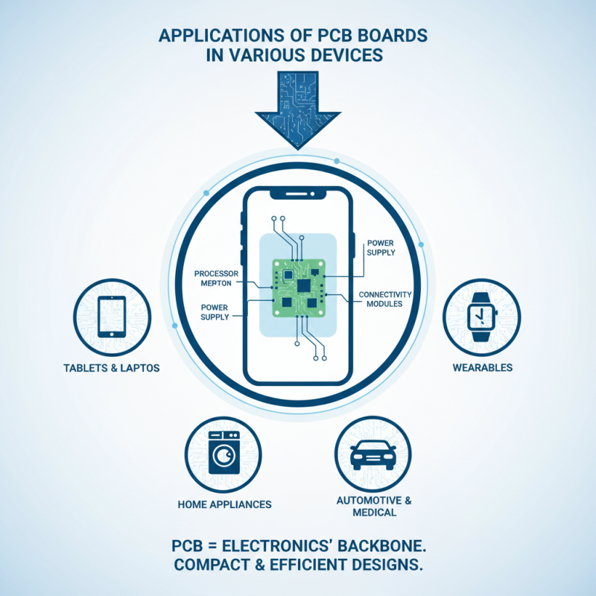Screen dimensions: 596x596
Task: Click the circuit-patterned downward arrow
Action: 297,104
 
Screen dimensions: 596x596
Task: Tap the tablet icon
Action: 112,317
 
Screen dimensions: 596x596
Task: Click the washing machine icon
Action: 221,453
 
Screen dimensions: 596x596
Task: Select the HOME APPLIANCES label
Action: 224,504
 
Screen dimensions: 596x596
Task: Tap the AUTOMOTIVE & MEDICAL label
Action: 373,506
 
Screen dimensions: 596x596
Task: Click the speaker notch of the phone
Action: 297,196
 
